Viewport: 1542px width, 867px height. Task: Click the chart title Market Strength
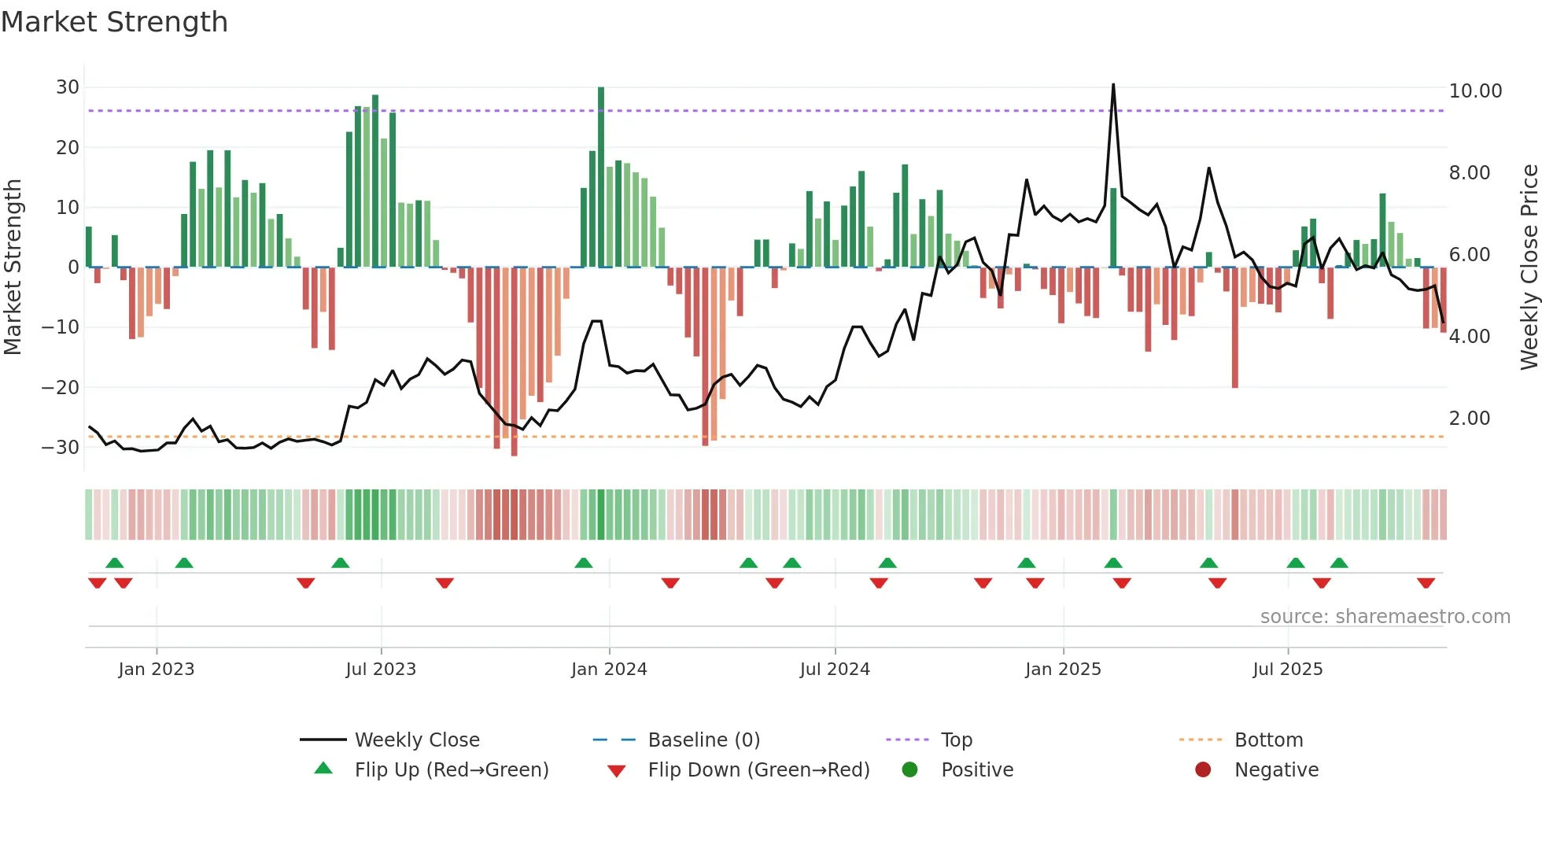(x=114, y=22)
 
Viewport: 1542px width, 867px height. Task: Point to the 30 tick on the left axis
(x=68, y=87)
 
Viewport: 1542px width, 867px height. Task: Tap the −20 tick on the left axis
(x=61, y=387)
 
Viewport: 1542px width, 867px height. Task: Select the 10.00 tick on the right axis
(x=1475, y=91)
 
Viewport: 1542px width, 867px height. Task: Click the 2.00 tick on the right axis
(x=1469, y=419)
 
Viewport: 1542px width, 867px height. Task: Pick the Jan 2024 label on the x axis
(x=609, y=670)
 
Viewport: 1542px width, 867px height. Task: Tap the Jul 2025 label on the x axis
(x=1287, y=670)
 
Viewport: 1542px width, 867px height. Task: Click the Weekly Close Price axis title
(x=1529, y=267)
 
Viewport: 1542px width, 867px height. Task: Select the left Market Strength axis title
(x=13, y=267)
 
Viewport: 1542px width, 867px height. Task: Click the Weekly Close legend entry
(x=416, y=740)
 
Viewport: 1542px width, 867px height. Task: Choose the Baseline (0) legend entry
(x=703, y=740)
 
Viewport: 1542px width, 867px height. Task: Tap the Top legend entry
(x=956, y=740)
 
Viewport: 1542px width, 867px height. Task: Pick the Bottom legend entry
(x=1268, y=740)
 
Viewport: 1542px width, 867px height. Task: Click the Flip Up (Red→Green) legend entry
(x=451, y=770)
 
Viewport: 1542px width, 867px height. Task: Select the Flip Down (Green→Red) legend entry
(x=758, y=770)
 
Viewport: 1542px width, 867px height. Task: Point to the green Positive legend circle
(x=909, y=770)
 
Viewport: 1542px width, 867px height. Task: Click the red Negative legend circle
(x=1203, y=770)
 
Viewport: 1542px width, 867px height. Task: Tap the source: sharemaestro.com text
(x=1385, y=617)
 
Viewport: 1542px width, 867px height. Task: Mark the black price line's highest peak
(x=1113, y=85)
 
